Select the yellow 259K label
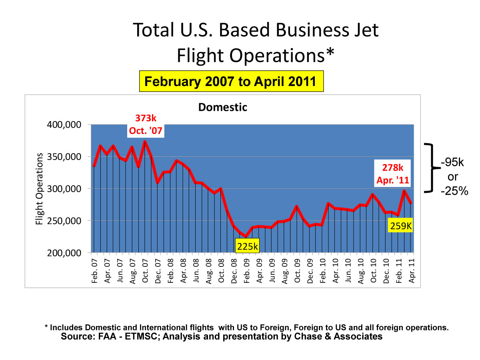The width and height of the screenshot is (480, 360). click(400, 226)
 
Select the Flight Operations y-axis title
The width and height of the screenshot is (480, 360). click(39, 188)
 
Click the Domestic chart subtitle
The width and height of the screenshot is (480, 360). click(223, 107)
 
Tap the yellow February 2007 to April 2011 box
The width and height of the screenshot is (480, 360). click(231, 82)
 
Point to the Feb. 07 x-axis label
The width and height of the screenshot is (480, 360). click(94, 270)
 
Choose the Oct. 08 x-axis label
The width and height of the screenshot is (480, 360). click(221, 270)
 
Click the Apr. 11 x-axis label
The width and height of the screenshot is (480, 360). click(411, 270)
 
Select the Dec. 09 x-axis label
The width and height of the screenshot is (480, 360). click(309, 270)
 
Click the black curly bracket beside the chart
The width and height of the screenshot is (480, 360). click(431, 168)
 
